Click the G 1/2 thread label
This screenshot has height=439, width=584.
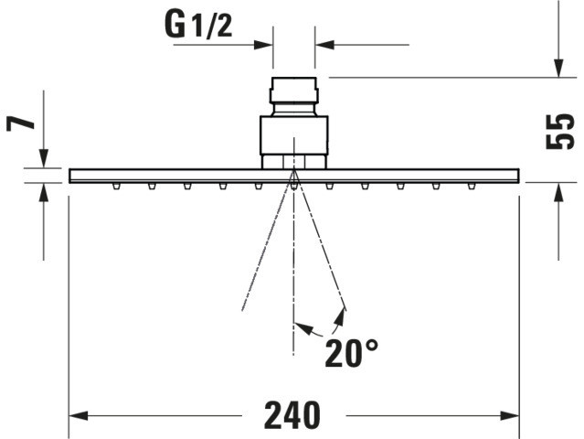(x=198, y=26)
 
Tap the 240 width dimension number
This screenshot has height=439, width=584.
(x=292, y=415)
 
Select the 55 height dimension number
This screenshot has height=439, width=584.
(x=560, y=131)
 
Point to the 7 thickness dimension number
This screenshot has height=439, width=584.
(x=20, y=122)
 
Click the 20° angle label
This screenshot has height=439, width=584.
(x=351, y=353)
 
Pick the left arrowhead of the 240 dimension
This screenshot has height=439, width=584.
(x=79, y=415)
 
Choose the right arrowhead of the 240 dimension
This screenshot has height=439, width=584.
(x=509, y=415)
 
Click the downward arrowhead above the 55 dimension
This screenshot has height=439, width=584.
(x=558, y=69)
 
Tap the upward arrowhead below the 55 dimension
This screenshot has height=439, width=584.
(x=558, y=192)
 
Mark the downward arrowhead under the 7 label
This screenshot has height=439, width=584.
(x=44, y=158)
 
